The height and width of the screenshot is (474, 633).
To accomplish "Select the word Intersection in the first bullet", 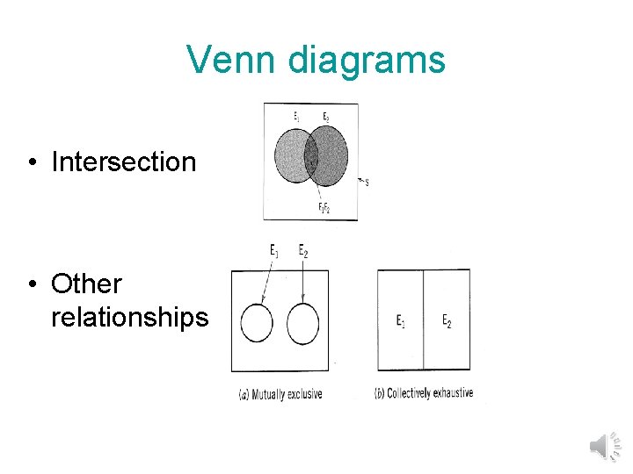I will click(124, 162).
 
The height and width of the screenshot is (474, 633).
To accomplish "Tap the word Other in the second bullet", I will click(86, 284).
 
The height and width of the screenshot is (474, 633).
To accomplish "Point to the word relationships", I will click(130, 316).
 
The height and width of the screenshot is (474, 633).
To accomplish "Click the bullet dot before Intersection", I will click(32, 162).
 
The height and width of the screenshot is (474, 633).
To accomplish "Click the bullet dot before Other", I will click(32, 284).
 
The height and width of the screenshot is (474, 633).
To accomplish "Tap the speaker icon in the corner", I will click(603, 445).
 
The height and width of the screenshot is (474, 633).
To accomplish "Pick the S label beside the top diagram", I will click(366, 183).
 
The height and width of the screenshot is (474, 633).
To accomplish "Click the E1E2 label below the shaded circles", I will click(324, 207).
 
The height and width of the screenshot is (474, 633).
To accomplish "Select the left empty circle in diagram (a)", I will click(257, 324).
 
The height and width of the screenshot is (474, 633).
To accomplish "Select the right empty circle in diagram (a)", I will click(302, 324).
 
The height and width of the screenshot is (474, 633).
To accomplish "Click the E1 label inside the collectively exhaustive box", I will click(401, 321).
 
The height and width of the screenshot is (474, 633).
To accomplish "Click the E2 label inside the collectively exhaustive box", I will click(447, 321).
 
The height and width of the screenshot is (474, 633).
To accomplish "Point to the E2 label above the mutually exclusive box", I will click(303, 251).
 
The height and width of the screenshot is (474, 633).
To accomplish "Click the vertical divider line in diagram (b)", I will click(424, 320).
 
